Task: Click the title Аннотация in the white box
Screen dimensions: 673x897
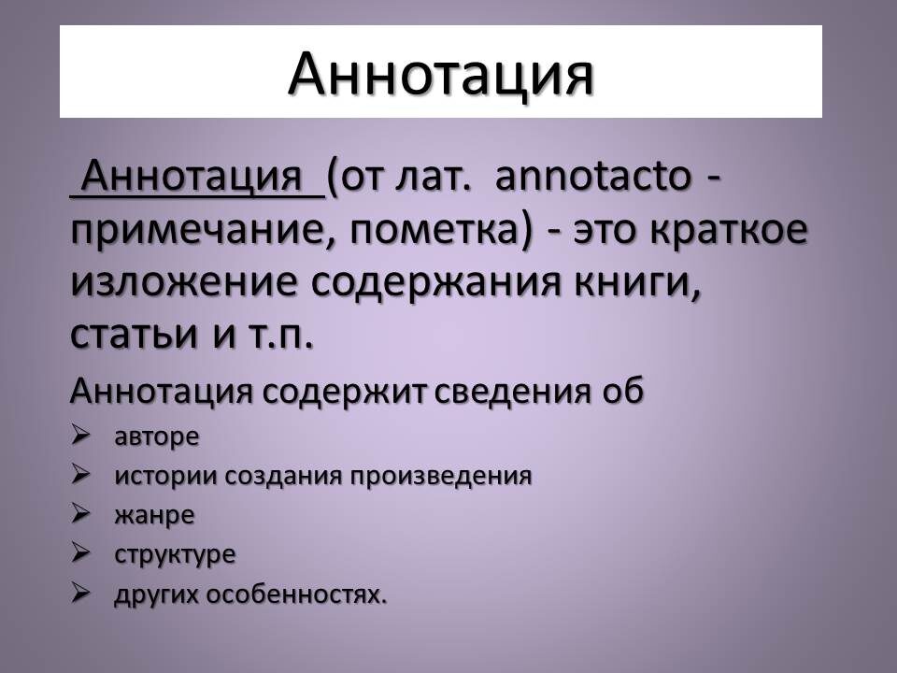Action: tap(440, 73)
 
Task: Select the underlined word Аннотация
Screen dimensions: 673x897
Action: tap(198, 177)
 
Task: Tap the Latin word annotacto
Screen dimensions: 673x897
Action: tap(590, 177)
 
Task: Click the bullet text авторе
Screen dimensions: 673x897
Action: tap(157, 437)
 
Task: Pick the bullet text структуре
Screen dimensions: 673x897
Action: tap(175, 554)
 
